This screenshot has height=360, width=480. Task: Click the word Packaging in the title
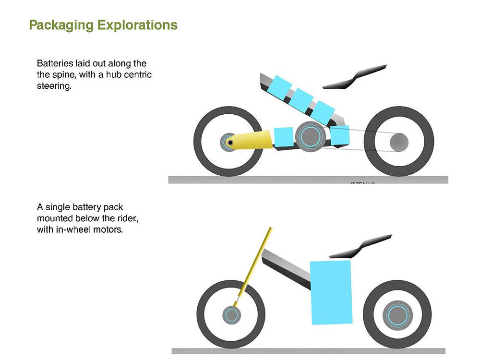click(x=62, y=25)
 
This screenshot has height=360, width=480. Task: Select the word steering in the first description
click(x=54, y=87)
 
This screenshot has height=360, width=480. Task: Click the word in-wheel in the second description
click(x=73, y=230)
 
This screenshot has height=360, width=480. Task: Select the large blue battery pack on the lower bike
click(x=331, y=292)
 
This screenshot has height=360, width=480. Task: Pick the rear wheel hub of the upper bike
click(x=399, y=142)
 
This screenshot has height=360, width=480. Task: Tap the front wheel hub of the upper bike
click(x=230, y=143)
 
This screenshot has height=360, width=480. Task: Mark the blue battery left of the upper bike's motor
click(x=283, y=137)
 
